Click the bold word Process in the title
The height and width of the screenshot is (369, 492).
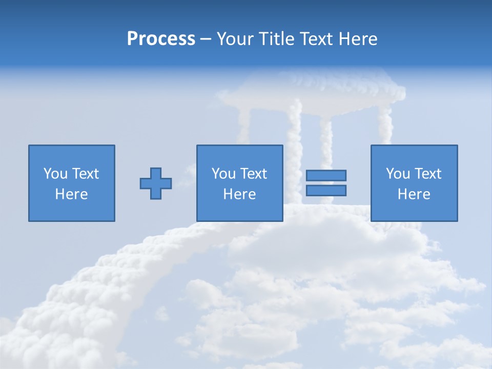(161, 39)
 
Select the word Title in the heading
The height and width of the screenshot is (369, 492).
(277, 39)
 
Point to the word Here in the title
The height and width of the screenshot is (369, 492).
(358, 39)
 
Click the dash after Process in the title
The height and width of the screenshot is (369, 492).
(206, 39)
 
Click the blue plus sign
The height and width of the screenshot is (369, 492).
(156, 183)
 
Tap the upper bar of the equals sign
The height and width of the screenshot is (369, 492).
(326, 175)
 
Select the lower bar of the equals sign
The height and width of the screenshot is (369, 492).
(326, 190)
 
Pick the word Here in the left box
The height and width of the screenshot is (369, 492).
(71, 194)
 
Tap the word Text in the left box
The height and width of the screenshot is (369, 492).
(85, 174)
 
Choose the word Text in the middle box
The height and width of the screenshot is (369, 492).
(253, 174)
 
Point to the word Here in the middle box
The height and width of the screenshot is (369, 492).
(239, 194)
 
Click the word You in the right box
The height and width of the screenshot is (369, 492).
(398, 174)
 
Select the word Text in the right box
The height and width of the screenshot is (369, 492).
(427, 174)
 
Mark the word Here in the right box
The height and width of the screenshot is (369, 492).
(414, 194)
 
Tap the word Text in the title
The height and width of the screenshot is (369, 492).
(314, 39)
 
